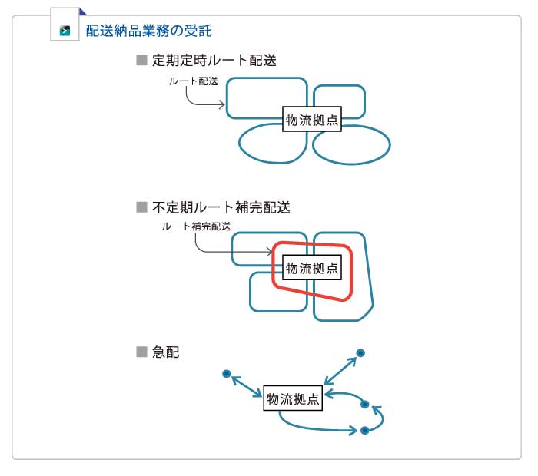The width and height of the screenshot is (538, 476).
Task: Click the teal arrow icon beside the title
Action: (x=65, y=31)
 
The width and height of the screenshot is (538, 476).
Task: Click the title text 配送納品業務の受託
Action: (x=149, y=31)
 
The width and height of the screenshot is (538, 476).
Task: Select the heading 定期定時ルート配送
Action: (x=214, y=60)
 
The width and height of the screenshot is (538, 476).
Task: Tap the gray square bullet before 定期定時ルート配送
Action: (x=141, y=60)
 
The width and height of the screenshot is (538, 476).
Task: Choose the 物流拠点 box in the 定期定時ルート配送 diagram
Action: (x=311, y=120)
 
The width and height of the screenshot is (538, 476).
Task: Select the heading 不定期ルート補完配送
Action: (x=221, y=207)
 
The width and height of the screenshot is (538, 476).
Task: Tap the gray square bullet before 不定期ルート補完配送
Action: (x=141, y=207)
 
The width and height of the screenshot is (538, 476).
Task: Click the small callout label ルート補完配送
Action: (x=196, y=226)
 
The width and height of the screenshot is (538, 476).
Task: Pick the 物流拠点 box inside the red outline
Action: (x=311, y=268)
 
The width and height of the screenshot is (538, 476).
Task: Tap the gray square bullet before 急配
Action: (x=141, y=352)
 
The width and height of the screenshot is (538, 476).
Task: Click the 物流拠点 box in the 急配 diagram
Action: (x=293, y=399)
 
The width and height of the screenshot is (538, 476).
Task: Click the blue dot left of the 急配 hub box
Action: (x=227, y=374)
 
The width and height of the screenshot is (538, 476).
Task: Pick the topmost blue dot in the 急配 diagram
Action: (x=360, y=353)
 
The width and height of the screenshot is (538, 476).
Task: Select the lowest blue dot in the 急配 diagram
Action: (x=365, y=431)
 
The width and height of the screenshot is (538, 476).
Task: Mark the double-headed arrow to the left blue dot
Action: (x=247, y=386)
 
